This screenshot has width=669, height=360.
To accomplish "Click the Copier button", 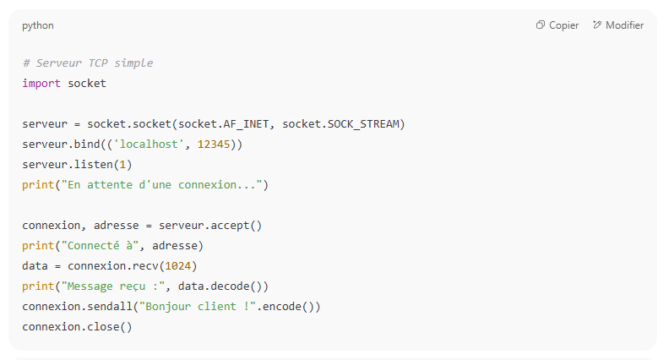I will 557,25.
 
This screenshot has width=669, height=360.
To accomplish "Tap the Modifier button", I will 618,25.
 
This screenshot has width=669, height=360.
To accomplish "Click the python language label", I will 38,25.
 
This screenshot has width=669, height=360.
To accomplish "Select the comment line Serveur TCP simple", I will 88,63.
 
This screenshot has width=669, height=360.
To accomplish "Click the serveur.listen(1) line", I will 77,165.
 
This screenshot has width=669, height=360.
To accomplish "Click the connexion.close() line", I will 77,327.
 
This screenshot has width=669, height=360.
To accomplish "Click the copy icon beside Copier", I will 541,25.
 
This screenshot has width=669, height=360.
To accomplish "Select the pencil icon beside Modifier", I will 597,25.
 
